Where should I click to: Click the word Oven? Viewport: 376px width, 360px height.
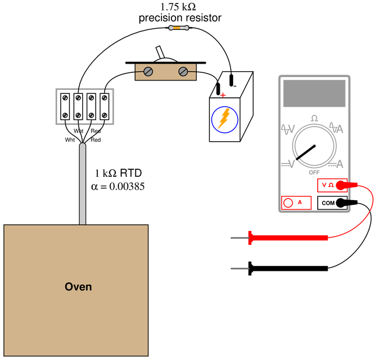point(78,286)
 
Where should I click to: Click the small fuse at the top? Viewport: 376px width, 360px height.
point(178,27)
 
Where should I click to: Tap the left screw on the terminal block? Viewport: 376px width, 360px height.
point(148,72)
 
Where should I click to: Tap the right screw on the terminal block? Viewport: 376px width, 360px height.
point(183,72)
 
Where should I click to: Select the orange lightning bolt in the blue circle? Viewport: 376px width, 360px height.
point(224,118)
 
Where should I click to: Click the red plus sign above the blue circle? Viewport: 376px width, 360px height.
point(223,95)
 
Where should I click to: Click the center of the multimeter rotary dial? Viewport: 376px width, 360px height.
point(314,145)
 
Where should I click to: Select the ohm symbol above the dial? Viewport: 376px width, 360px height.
point(314,118)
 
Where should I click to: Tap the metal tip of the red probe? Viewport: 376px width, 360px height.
point(239,238)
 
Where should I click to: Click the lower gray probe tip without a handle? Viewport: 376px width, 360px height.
point(239,268)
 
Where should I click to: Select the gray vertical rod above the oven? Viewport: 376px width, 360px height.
point(83,184)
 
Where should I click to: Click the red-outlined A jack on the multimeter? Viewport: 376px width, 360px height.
point(290,202)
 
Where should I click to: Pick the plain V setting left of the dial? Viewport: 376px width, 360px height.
point(289,165)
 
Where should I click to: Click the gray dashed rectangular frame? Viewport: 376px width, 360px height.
point(85,106)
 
